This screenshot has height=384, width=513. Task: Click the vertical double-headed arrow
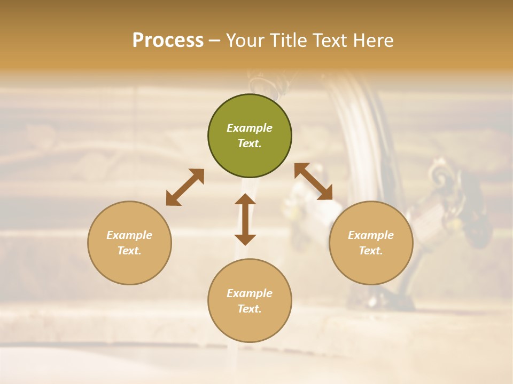point(245,219)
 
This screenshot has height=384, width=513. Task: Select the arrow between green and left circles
point(185,187)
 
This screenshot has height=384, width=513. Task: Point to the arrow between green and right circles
point(313,181)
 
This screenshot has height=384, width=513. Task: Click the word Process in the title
point(168,41)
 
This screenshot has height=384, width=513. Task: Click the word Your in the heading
point(245,41)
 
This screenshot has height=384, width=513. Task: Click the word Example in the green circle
point(250,128)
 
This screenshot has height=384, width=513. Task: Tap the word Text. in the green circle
point(250,143)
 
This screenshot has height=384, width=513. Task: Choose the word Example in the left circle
point(129,235)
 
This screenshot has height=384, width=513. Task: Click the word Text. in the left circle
point(129,251)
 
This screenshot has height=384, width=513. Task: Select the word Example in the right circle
point(371,235)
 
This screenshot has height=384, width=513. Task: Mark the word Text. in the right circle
point(371,251)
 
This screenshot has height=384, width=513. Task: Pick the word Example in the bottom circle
point(250,293)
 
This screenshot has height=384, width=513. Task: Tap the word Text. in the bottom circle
point(250,309)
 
